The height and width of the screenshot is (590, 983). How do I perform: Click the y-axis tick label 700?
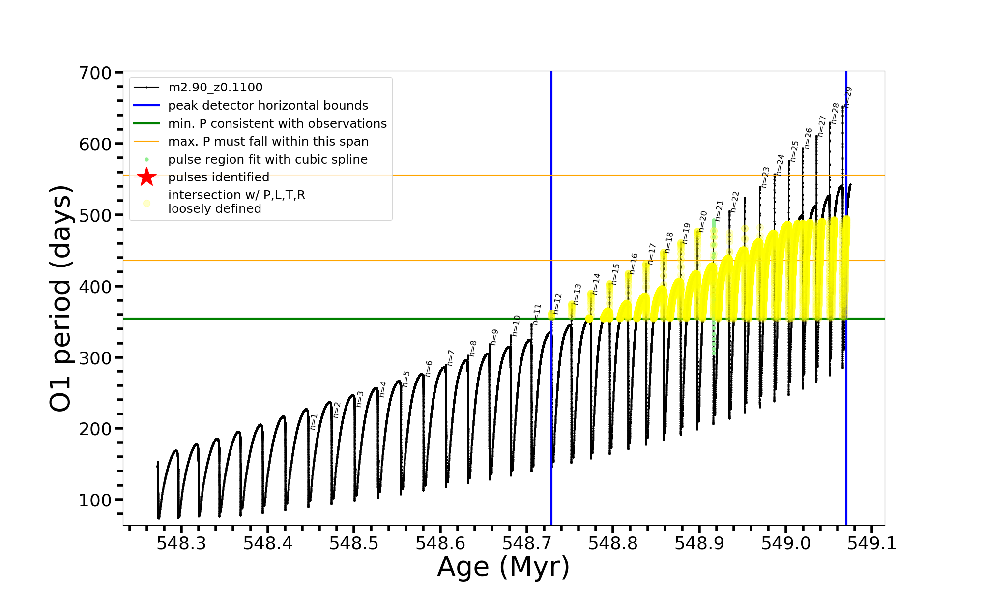click(x=95, y=73)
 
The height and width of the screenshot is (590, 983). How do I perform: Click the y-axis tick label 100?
click(x=95, y=500)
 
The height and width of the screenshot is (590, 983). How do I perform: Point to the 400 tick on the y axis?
click(x=95, y=287)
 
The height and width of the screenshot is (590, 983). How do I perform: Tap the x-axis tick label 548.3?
click(x=181, y=543)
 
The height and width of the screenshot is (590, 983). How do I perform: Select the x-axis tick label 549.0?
click(x=786, y=543)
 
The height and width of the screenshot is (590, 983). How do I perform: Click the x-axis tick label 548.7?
click(x=527, y=543)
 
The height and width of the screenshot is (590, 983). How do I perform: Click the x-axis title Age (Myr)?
click(x=503, y=567)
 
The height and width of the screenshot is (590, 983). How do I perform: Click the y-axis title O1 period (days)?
click(x=61, y=298)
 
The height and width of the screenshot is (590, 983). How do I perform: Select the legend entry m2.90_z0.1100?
click(x=215, y=88)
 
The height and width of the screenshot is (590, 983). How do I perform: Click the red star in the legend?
click(x=146, y=177)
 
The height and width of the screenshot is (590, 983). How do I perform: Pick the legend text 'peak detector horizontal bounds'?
click(x=268, y=106)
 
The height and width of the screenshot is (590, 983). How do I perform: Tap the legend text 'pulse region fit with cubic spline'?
click(x=268, y=160)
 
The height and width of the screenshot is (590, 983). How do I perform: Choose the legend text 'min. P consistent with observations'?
click(x=277, y=123)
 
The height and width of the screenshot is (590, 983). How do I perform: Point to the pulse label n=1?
click(x=314, y=421)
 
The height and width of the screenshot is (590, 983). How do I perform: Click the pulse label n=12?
click(x=557, y=303)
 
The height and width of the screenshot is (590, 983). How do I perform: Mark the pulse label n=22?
click(x=735, y=202)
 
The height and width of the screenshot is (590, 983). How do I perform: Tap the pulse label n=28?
click(x=835, y=113)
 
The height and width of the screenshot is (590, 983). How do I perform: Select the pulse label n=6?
click(x=429, y=368)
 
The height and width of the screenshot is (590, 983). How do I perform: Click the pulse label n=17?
click(x=652, y=253)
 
